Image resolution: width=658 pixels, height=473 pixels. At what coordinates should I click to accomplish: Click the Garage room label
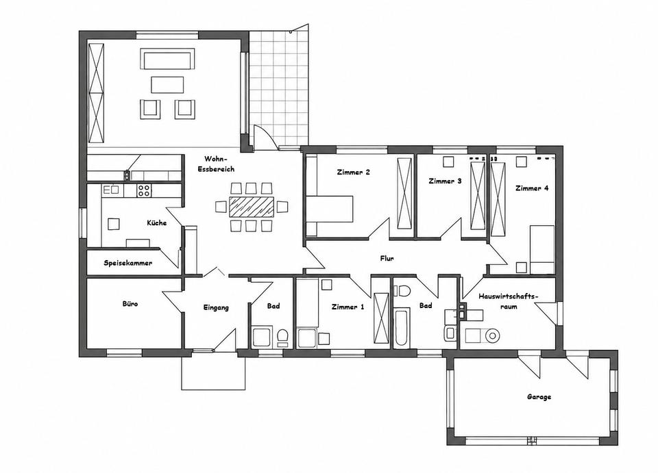tap(539, 397)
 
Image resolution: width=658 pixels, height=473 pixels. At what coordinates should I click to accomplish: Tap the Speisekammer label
tap(128, 263)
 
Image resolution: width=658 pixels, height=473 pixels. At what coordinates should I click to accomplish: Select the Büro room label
tap(130, 304)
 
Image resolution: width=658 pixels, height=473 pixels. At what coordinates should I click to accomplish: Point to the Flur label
tap(387, 259)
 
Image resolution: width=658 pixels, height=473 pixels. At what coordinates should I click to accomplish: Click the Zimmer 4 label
tap(532, 188)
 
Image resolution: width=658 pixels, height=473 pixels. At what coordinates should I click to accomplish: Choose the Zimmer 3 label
tap(445, 181)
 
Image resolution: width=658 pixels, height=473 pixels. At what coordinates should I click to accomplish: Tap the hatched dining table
tap(252, 207)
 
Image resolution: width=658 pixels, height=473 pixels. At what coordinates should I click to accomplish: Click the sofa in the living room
tap(167, 59)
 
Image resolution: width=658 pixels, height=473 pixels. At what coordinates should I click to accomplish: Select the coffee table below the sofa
tap(167, 84)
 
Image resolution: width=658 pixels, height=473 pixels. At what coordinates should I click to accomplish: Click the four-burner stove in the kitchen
tap(144, 190)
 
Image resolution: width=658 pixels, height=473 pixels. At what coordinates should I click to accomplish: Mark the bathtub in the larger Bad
tap(401, 326)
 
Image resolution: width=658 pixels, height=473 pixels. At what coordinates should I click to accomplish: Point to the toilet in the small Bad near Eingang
tap(282, 337)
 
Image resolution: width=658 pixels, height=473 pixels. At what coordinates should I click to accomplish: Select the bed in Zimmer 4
tap(542, 250)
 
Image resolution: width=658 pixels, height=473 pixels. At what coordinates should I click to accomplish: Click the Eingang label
tap(216, 307)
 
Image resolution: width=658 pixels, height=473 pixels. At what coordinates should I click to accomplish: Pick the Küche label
tap(156, 222)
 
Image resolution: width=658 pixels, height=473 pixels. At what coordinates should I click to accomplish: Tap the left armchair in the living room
tap(150, 110)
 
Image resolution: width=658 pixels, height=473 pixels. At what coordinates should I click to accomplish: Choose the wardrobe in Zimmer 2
tap(404, 193)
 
